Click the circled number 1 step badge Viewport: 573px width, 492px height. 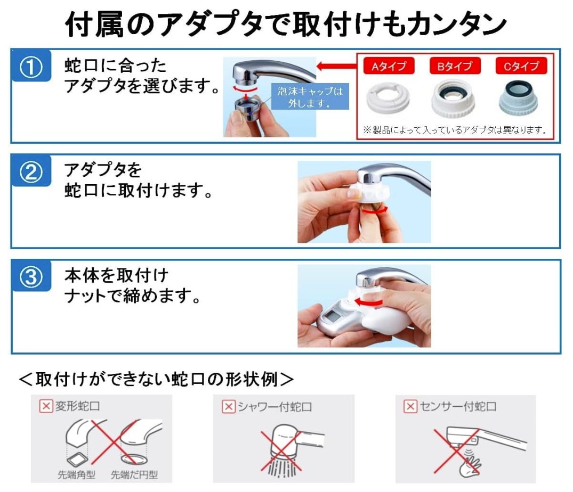coord(31,66)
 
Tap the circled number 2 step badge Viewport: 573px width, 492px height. coord(31,171)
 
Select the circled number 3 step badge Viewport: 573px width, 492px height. coord(31,276)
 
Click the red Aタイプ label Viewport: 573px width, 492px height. coord(389,66)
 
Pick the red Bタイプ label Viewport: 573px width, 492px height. coord(455,66)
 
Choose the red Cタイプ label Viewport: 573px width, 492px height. coord(521,66)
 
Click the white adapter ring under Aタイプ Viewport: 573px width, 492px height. coord(388,97)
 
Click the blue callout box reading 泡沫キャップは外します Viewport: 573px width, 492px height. coord(310,97)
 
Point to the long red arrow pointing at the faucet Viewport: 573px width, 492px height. coord(336,67)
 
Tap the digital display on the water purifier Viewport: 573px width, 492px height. coord(333,313)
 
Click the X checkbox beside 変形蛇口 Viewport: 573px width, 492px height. coord(46,406)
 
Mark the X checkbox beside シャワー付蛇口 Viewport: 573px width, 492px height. coord(228,407)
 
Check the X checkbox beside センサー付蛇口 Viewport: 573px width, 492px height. coord(410,406)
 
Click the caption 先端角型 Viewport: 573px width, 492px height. coord(76,474)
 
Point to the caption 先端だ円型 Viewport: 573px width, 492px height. coord(134,474)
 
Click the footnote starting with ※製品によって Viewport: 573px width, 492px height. coord(455,130)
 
